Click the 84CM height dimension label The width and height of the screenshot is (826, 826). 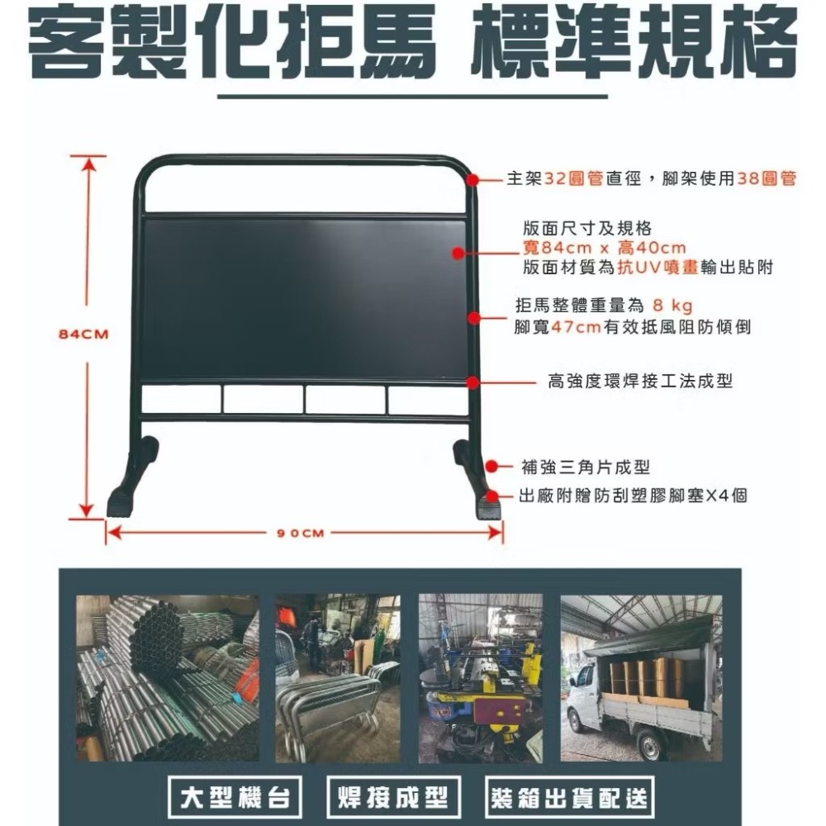click(x=84, y=335)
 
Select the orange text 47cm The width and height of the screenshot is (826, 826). click(x=576, y=327)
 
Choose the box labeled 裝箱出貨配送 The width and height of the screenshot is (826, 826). click(x=570, y=797)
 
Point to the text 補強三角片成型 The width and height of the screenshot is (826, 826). click(x=586, y=468)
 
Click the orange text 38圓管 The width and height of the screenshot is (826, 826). click(x=767, y=178)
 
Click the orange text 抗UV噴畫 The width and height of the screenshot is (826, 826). click(x=648, y=268)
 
